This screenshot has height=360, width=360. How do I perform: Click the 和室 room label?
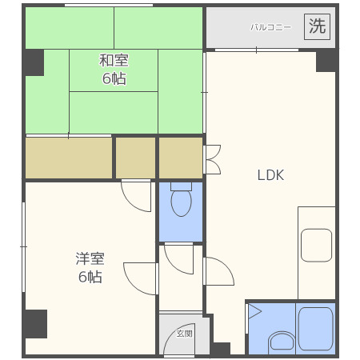pyautogui.click(x=114, y=61)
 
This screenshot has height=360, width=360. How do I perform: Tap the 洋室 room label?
pyautogui.click(x=89, y=258)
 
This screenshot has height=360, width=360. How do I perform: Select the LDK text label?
pyautogui.click(x=270, y=175)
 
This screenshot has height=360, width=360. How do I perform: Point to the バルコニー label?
pyautogui.click(x=270, y=27)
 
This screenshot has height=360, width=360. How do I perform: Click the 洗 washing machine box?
pyautogui.click(x=318, y=26)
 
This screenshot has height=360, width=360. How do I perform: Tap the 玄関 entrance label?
pyautogui.click(x=185, y=334)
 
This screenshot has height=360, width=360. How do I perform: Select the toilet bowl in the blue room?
pyautogui.click(x=181, y=203)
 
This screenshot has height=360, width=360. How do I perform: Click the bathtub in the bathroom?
pyautogui.click(x=314, y=328)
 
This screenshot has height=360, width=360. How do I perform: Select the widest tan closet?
pyautogui.click(x=68, y=158)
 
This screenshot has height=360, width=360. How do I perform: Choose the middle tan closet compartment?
pyautogui.click(x=135, y=158)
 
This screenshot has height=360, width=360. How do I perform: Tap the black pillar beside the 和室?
pyautogui.click(x=33, y=62)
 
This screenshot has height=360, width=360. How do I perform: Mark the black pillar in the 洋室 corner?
pyautogui.click(x=34, y=322)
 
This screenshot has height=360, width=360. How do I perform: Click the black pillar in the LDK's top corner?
pyautogui.click(x=326, y=60)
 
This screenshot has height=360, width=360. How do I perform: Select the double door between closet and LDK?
pyautogui.click(x=212, y=159)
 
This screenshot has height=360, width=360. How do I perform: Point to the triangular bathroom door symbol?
pyautogui.click(x=254, y=311)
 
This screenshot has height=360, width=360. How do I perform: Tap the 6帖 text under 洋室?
pyautogui.click(x=89, y=277)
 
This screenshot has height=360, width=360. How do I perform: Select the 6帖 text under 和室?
pyautogui.click(x=114, y=78)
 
